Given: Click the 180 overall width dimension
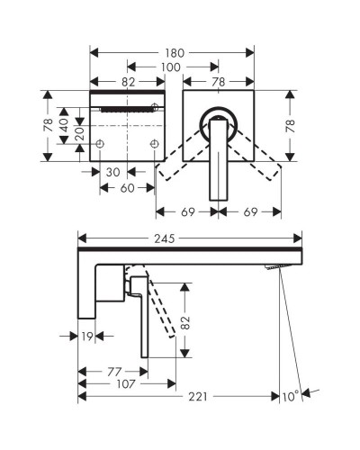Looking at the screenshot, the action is (x=175, y=53).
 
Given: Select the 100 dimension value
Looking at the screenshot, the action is (x=170, y=67).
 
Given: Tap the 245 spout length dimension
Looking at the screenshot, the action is (x=165, y=238).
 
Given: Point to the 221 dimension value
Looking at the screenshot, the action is (x=198, y=397).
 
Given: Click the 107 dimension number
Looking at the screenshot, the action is (x=126, y=384).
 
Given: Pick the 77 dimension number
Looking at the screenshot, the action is (x=114, y=372).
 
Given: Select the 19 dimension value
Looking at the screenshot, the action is (x=87, y=337).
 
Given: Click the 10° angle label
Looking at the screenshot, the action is (x=291, y=397).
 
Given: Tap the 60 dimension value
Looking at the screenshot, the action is (x=128, y=188).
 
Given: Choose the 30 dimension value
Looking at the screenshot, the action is (x=113, y=173).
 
